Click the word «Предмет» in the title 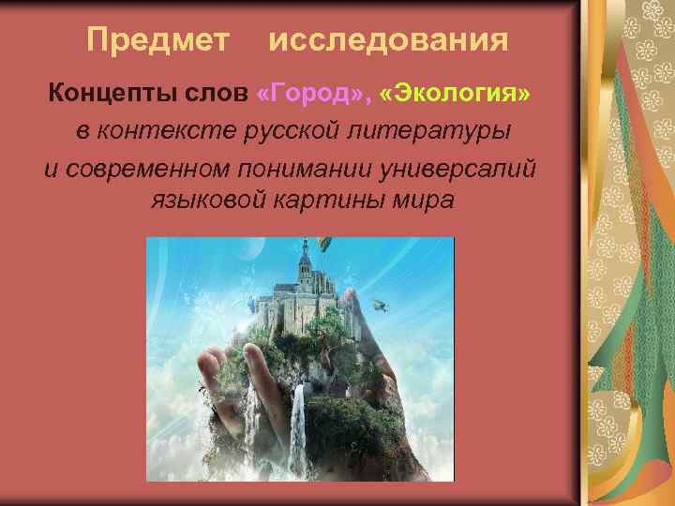(x=157, y=40)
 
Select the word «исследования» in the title (x=389, y=40)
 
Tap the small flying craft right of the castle (x=379, y=304)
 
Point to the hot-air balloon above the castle (x=323, y=246)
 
